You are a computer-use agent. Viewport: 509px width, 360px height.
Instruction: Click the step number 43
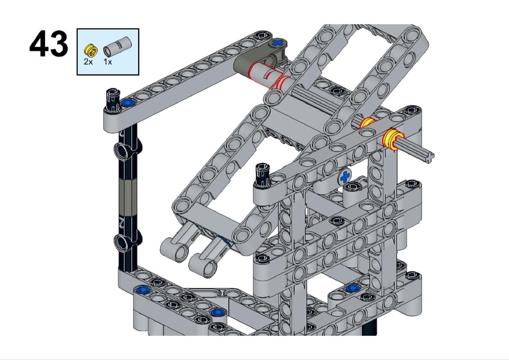(49, 44)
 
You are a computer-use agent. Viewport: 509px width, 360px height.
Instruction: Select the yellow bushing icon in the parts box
(90, 50)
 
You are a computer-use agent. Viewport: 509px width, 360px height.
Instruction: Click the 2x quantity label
(88, 61)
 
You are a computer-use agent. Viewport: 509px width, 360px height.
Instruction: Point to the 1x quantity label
(108, 61)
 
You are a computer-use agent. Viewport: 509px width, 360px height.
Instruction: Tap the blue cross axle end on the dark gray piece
(277, 43)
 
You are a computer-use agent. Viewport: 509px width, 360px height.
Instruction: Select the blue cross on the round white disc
(345, 177)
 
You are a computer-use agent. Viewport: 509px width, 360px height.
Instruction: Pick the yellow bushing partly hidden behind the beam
(368, 123)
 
